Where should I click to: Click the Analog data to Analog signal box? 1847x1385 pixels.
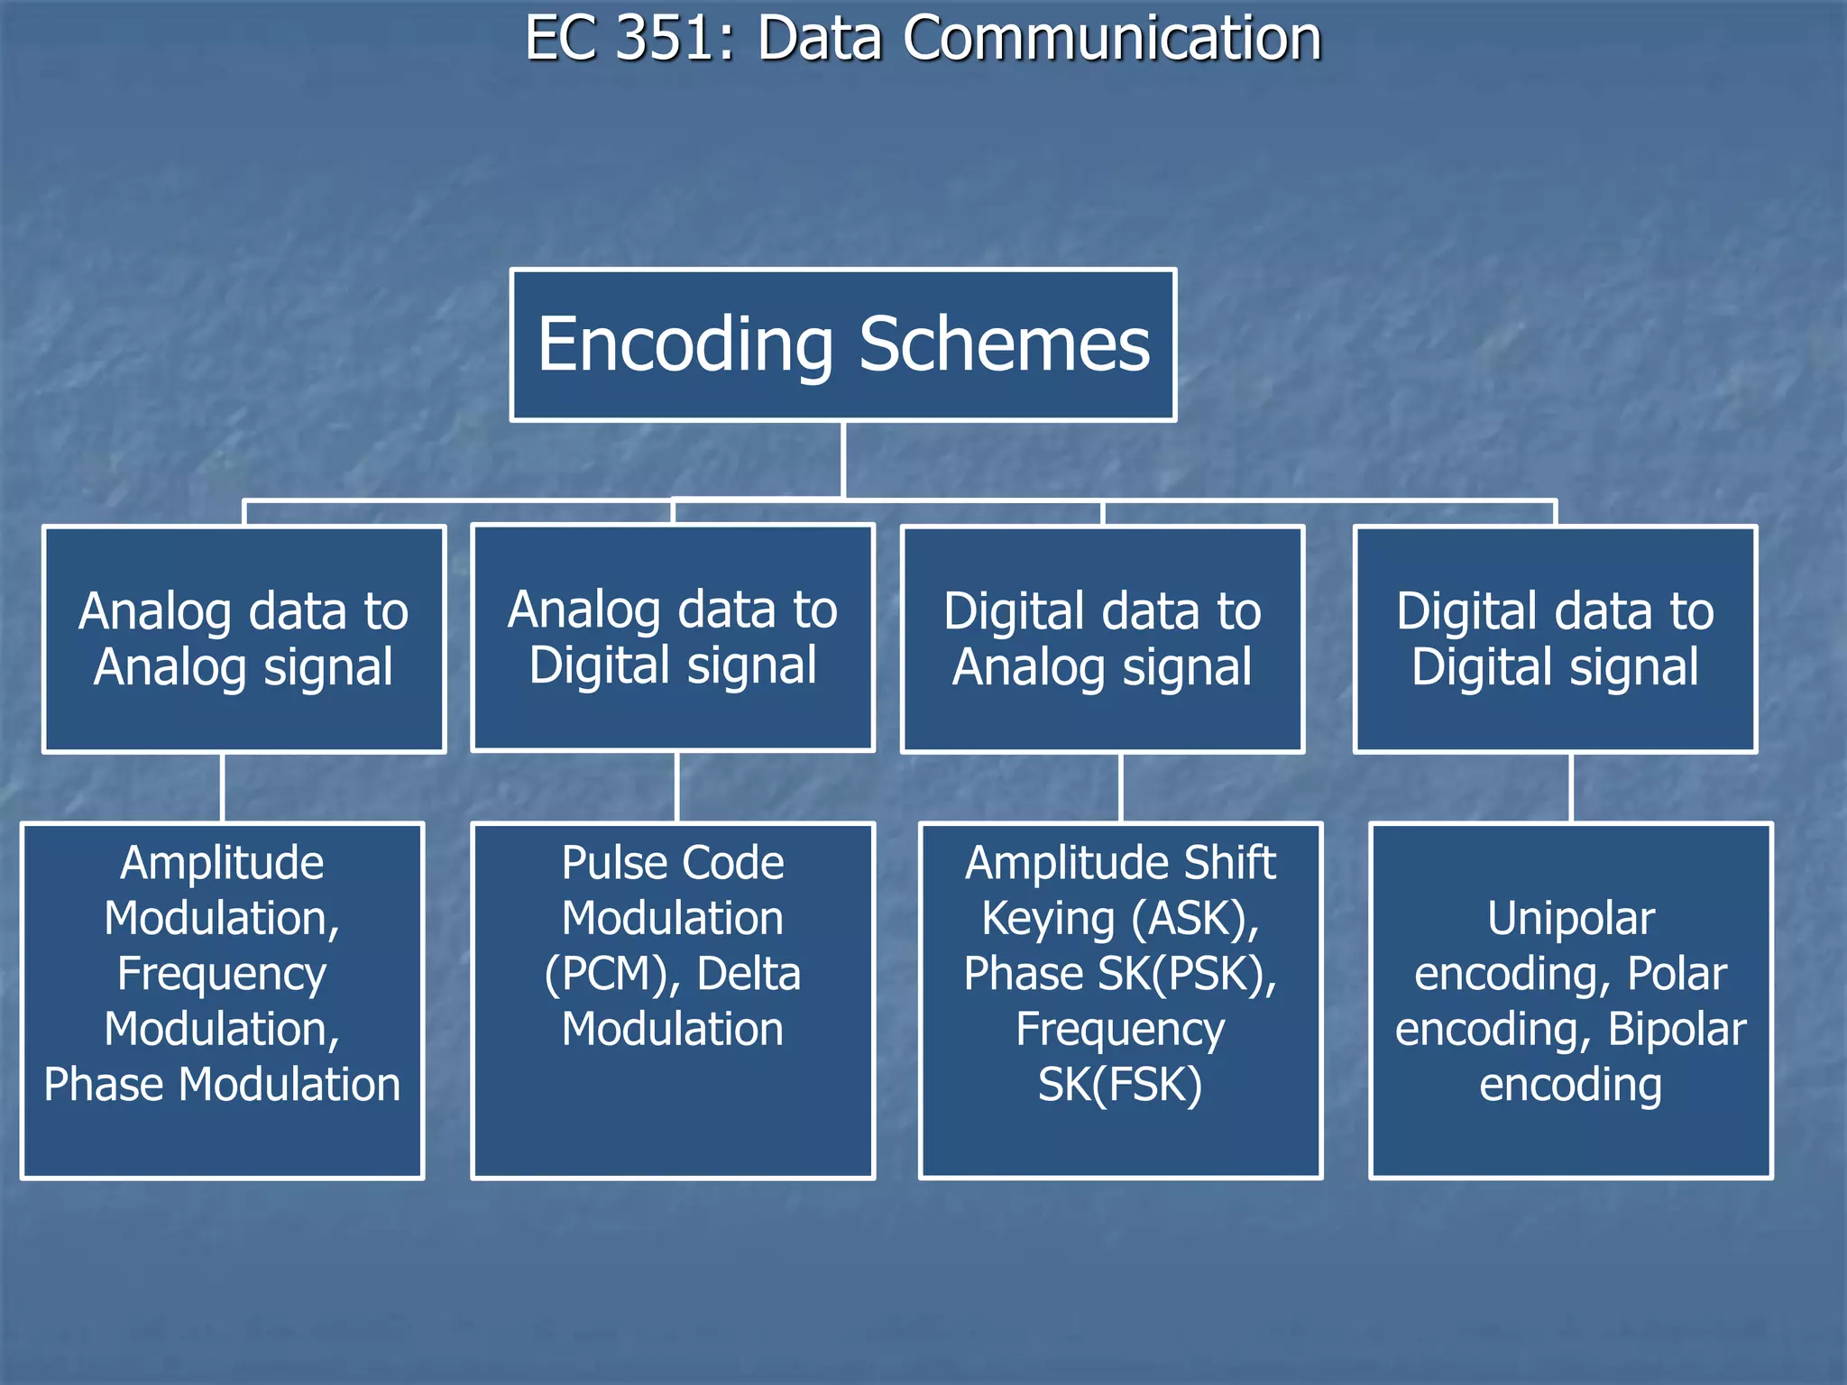click(244, 638)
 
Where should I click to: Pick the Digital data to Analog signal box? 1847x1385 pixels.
click(1102, 638)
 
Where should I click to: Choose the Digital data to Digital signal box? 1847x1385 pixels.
click(1555, 638)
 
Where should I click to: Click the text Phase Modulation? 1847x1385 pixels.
click(222, 1084)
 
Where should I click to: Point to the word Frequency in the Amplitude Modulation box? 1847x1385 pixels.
click(222, 974)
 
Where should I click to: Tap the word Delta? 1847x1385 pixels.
click(749, 974)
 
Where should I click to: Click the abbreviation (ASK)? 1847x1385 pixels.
click(1195, 919)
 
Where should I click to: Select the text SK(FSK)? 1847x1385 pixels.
click(1120, 1084)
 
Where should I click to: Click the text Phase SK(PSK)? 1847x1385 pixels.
click(1120, 974)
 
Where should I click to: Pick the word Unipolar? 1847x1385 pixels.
click(1571, 919)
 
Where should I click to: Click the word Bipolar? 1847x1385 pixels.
click(1677, 1029)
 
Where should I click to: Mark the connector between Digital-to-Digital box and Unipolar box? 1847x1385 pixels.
click(1572, 787)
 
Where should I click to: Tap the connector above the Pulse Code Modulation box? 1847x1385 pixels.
click(677, 787)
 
